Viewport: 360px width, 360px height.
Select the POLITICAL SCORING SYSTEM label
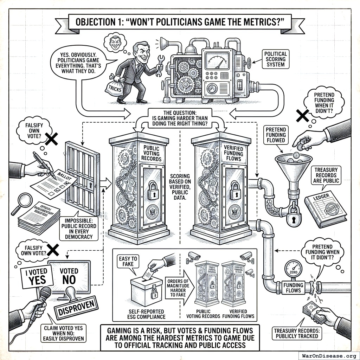tap(276, 59)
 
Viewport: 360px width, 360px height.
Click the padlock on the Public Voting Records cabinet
tap(153, 190)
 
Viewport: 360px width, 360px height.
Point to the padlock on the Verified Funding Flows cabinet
tap(235, 190)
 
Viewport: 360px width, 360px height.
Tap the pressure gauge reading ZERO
tap(293, 269)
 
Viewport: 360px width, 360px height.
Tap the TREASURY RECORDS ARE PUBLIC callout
tap(326, 175)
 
